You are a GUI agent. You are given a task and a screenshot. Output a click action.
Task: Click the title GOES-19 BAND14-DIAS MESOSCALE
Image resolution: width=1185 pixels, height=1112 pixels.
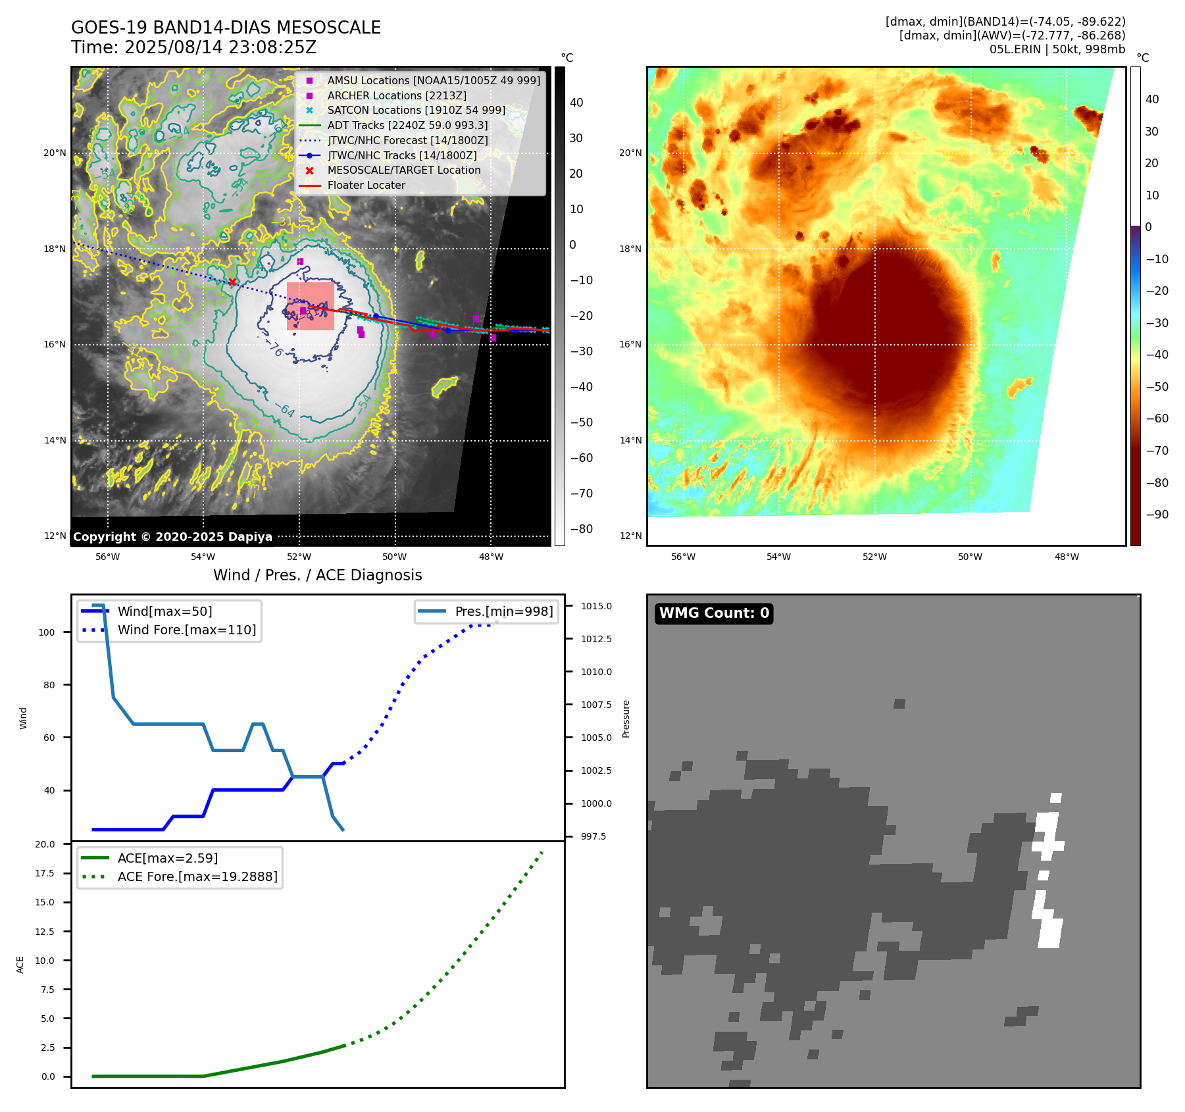(x=226, y=28)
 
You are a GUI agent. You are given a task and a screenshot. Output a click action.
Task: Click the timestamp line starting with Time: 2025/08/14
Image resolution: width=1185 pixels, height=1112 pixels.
(x=193, y=47)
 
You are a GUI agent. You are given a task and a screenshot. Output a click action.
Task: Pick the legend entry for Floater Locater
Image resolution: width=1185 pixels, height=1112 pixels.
(x=366, y=185)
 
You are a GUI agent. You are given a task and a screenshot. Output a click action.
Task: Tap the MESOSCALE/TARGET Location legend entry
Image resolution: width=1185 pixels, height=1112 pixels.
(x=403, y=170)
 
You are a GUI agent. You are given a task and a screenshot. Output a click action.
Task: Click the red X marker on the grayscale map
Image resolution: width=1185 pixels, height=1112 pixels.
(x=232, y=282)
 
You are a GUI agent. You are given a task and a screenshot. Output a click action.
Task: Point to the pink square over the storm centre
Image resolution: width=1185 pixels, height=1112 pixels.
(x=310, y=306)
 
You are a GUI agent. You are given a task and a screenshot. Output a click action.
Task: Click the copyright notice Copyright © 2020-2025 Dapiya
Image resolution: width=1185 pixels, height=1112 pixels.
(x=172, y=536)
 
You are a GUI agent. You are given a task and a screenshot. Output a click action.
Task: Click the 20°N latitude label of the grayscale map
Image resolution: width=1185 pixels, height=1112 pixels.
(x=55, y=153)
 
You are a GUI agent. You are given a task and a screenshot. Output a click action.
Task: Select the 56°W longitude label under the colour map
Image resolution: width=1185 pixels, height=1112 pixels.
(x=683, y=557)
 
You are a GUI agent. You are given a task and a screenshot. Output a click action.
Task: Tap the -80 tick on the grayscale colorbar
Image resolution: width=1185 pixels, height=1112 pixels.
(x=581, y=528)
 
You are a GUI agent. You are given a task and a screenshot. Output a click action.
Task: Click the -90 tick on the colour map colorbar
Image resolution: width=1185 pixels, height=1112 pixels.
(x=1157, y=515)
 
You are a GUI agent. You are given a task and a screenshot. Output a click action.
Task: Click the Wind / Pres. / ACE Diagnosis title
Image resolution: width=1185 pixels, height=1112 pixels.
(x=317, y=575)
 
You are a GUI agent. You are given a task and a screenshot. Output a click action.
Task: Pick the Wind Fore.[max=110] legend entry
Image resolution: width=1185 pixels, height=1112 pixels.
(x=186, y=630)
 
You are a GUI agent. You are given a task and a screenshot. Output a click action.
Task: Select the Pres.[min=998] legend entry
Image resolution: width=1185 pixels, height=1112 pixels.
(x=503, y=611)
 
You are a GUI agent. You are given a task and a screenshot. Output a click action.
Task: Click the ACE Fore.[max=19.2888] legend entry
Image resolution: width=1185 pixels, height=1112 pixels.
(x=197, y=876)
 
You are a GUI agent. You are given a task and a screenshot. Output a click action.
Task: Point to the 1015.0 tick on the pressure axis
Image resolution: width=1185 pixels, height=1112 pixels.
(x=596, y=606)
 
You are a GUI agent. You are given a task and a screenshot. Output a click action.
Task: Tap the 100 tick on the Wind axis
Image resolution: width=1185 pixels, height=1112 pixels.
(x=47, y=632)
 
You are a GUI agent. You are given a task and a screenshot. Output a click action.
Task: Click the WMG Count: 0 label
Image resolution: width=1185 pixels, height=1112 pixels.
(x=714, y=613)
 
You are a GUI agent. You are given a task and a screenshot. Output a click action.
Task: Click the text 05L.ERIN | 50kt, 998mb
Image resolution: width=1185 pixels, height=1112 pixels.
(x=1057, y=49)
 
